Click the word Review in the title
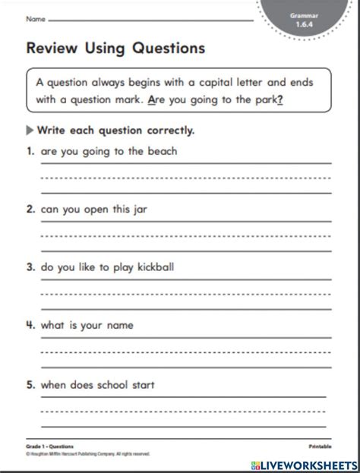tap(49, 49)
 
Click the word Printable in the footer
tap(320, 447)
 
